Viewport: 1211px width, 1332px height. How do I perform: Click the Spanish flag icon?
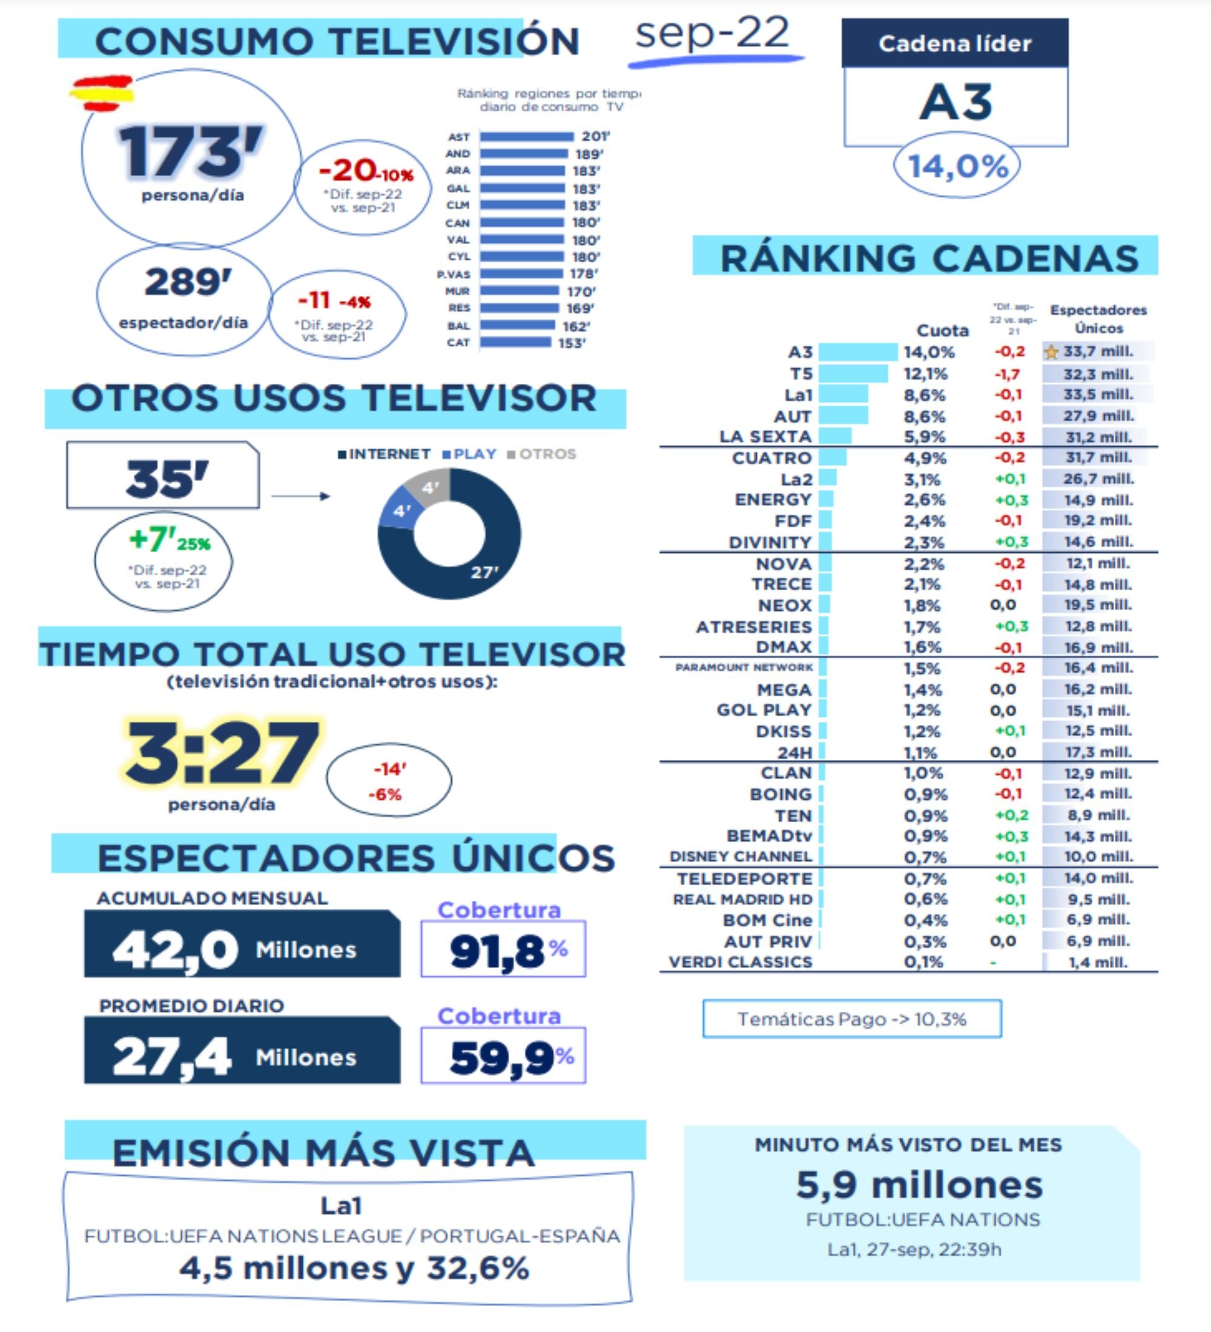tap(102, 93)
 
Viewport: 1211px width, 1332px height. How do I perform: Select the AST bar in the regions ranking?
tap(527, 137)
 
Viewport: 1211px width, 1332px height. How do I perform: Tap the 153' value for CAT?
tap(572, 343)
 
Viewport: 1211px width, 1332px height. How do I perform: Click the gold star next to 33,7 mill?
tap(1051, 353)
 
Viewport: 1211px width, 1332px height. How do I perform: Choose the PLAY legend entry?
tap(470, 454)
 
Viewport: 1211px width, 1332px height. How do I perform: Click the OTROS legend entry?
tap(542, 454)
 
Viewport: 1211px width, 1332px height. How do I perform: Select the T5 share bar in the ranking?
tap(853, 374)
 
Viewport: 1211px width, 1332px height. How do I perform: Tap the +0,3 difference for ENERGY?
tap(1011, 500)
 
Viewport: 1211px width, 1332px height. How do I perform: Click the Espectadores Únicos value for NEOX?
tap(1098, 605)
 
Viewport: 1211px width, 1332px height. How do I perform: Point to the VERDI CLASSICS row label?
tap(740, 962)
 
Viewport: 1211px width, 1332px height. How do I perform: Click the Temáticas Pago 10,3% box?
tap(851, 1019)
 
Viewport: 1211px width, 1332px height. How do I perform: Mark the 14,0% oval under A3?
tap(957, 166)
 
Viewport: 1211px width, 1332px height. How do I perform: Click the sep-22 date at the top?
tap(712, 33)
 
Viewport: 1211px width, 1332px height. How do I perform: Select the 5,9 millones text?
tap(919, 1185)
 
